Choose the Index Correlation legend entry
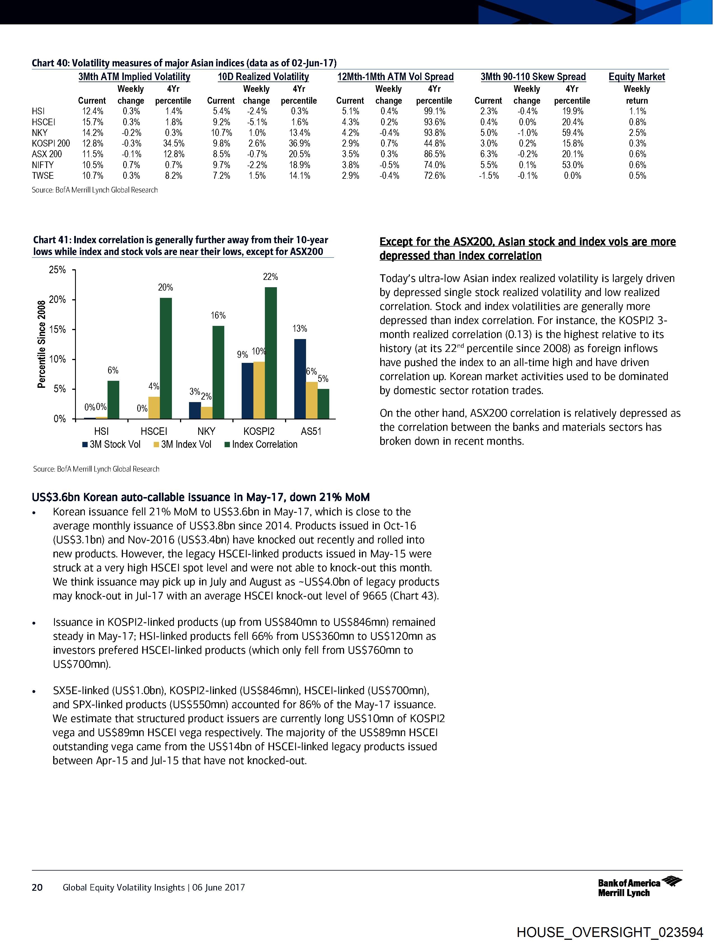pos(261,444)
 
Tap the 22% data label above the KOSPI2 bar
pos(270,277)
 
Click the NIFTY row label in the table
pos(43,165)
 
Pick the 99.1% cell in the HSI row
pos(434,112)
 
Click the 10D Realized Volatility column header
pos(263,77)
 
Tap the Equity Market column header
pos(636,77)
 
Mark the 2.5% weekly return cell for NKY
pos(637,133)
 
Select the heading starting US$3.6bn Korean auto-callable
pos(200,497)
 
